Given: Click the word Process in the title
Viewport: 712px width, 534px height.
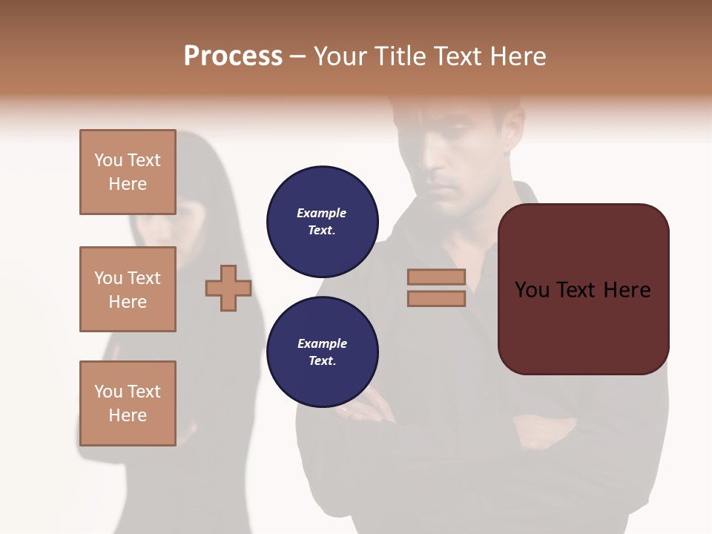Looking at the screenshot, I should pos(233,56).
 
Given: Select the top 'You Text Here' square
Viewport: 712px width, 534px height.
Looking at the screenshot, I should pos(128,172).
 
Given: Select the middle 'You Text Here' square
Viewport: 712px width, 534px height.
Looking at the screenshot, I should pos(128,289).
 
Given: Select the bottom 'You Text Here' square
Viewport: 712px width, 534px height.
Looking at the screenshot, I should pos(128,403).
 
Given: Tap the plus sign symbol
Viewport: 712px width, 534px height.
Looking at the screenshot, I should pos(228,288).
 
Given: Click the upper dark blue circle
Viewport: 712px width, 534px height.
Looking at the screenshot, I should pos(322,221).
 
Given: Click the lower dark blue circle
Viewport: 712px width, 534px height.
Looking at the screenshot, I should pos(322,352).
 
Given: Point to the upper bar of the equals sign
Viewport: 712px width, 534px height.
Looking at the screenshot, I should pos(436,277).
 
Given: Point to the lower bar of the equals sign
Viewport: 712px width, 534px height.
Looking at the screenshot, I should pos(436,298).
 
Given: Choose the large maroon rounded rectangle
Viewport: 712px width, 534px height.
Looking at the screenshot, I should pos(583,326).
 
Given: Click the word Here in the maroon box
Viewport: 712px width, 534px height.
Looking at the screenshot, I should pos(627,290).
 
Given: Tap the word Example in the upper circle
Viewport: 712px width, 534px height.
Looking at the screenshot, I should pos(322,213).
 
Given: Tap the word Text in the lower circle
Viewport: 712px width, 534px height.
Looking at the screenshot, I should pos(322,360).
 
